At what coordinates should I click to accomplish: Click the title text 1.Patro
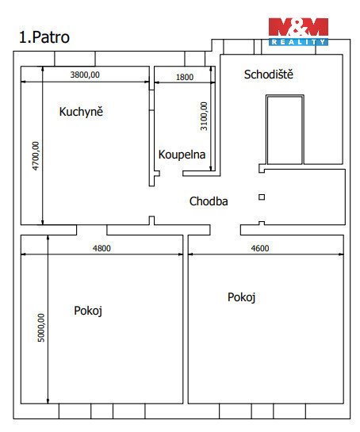44,37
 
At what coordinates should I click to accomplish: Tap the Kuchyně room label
81,112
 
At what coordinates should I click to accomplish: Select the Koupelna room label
182,155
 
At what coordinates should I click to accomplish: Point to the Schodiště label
269,75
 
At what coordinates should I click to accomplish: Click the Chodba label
209,201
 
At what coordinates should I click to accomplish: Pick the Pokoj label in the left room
88,311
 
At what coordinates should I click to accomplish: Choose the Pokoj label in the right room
241,297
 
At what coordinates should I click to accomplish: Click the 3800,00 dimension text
85,75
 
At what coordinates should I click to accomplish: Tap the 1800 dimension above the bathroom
185,77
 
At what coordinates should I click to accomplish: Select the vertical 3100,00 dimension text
204,116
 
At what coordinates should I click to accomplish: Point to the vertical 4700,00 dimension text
36,156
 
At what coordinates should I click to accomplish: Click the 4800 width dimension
101,248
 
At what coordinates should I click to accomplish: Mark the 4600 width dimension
259,248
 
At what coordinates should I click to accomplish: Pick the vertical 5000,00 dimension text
40,328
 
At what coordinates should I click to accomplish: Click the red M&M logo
298,27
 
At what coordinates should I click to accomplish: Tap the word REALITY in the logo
298,42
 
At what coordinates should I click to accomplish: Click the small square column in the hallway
262,197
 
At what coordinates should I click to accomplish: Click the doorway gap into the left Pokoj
91,230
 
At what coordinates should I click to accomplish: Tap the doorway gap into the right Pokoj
225,230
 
